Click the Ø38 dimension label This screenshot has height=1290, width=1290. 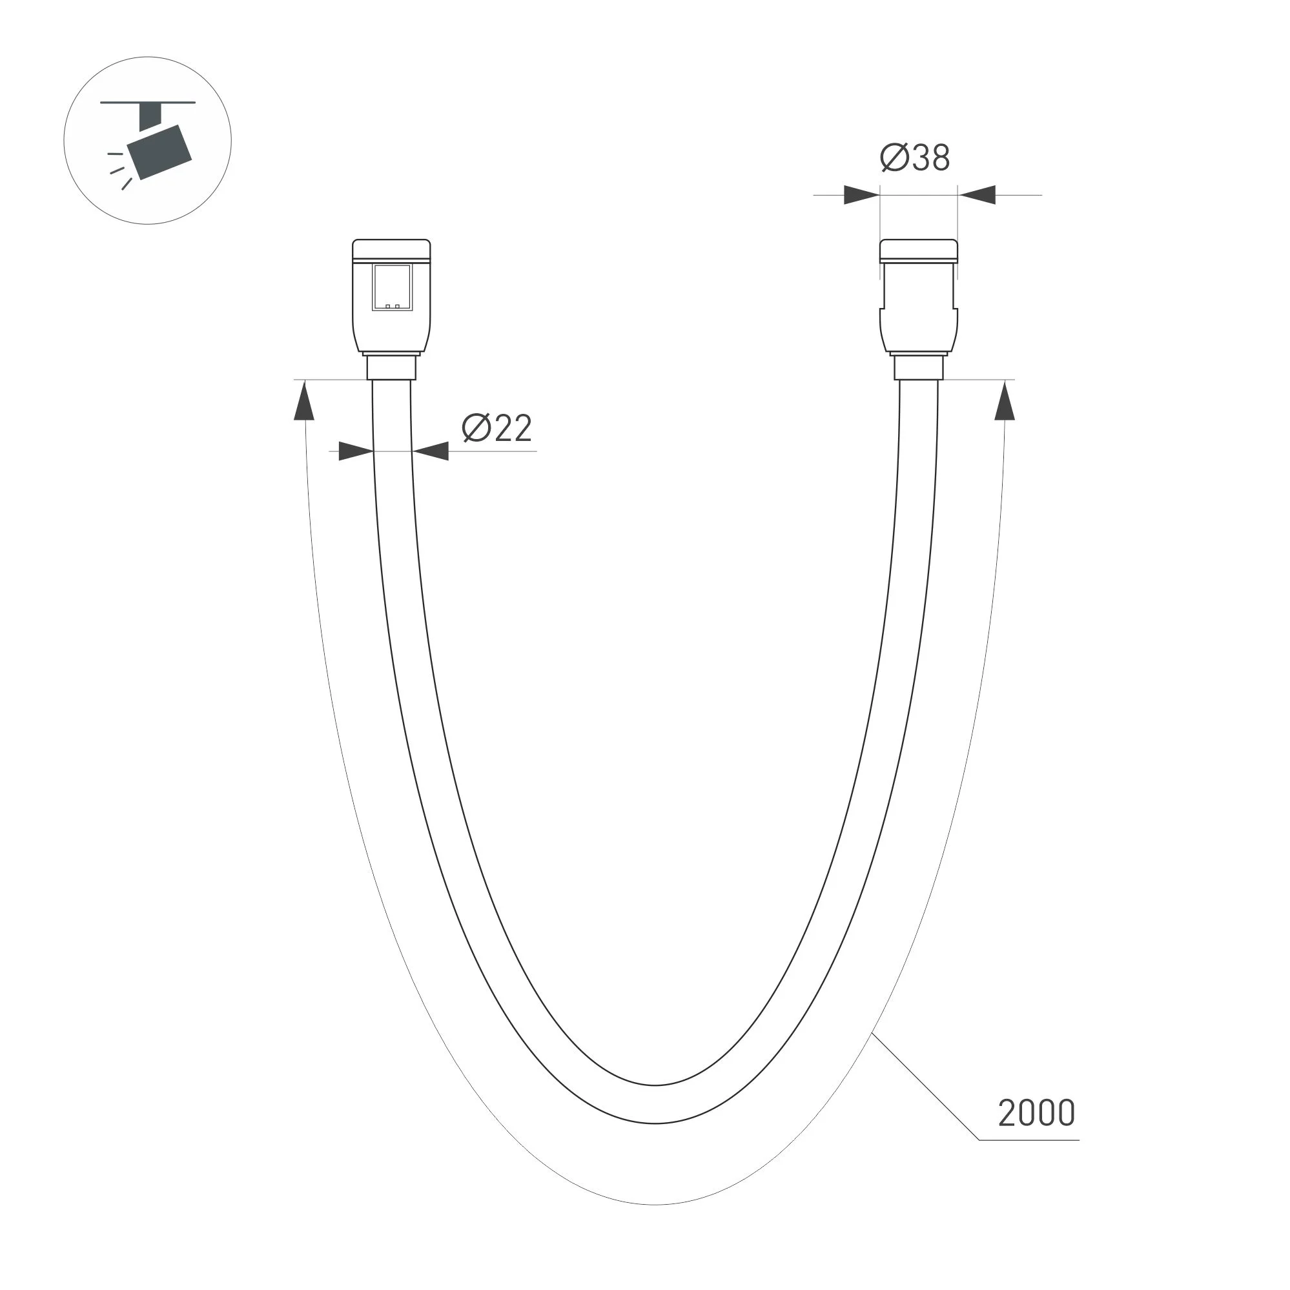pyautogui.click(x=915, y=158)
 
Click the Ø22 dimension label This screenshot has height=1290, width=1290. pyautogui.click(x=497, y=428)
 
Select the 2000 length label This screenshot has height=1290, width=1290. pyautogui.click(x=1036, y=1113)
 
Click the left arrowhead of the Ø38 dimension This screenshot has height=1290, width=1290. pyautogui.click(x=861, y=195)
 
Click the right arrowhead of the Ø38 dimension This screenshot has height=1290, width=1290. pyautogui.click(x=977, y=195)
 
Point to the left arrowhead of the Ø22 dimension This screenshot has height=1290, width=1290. pyautogui.click(x=356, y=451)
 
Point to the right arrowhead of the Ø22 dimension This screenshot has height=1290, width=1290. pyautogui.click(x=430, y=451)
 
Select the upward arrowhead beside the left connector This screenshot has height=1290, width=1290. pyautogui.click(x=305, y=400)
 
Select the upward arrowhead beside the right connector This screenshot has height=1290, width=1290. pyautogui.click(x=1005, y=400)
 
